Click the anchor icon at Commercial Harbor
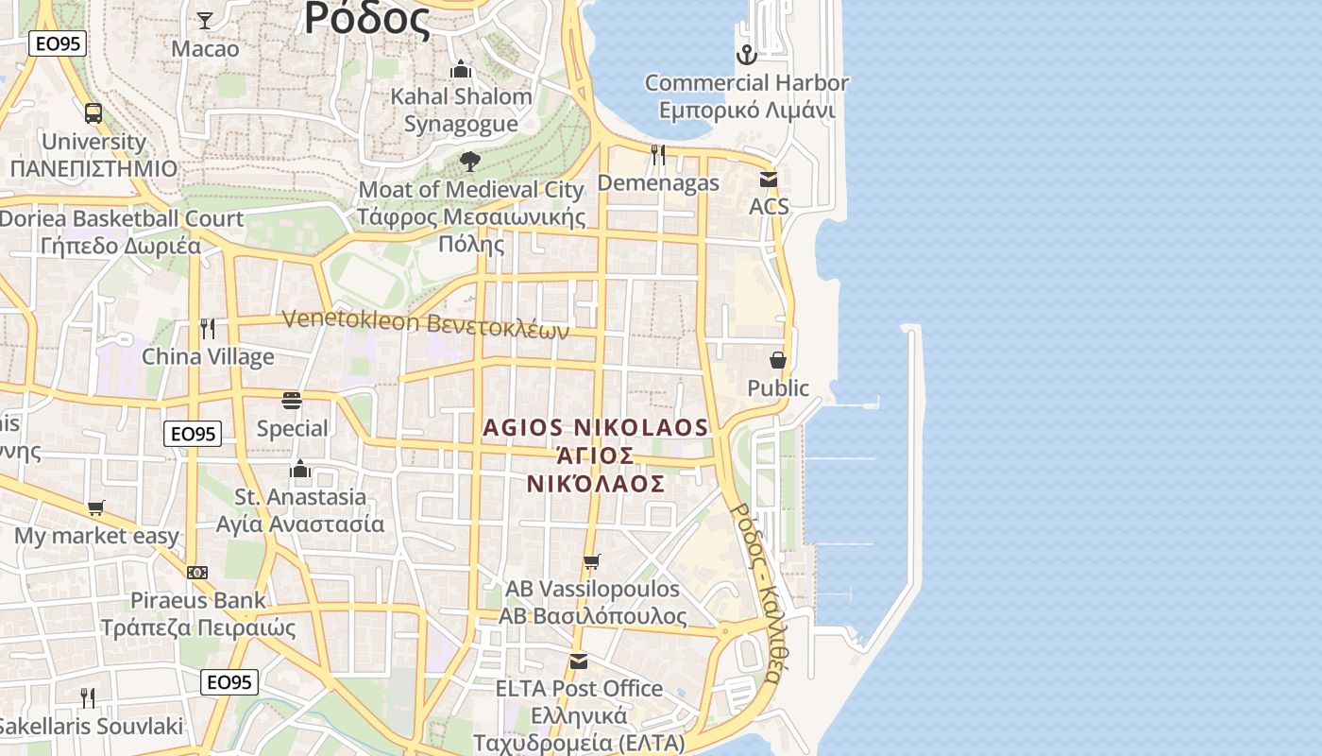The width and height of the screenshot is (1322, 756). point(747,54)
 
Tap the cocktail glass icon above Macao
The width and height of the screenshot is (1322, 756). point(205,20)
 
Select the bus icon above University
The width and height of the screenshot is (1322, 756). point(93,113)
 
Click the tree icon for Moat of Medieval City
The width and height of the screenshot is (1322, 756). point(470,162)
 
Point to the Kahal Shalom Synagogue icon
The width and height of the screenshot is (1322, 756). point(461,69)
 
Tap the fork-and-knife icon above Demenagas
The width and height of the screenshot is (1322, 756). point(658,155)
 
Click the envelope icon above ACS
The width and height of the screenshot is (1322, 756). point(769,179)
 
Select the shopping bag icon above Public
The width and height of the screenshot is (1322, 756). point(778,360)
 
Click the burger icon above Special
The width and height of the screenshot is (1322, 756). point(292,401)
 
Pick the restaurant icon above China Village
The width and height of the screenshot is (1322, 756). point(208,329)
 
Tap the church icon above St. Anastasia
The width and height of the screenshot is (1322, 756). point(300,469)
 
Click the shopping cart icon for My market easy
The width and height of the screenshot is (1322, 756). point(95,508)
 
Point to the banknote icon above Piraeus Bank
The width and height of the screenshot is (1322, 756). point(197,573)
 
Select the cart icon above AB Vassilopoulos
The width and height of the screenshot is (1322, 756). point(592,562)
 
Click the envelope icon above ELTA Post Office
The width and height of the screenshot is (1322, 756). point(579,661)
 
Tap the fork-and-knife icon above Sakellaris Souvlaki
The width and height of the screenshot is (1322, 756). point(88,698)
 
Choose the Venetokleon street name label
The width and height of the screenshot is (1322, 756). point(426,324)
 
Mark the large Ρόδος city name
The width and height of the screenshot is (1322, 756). point(368,19)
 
